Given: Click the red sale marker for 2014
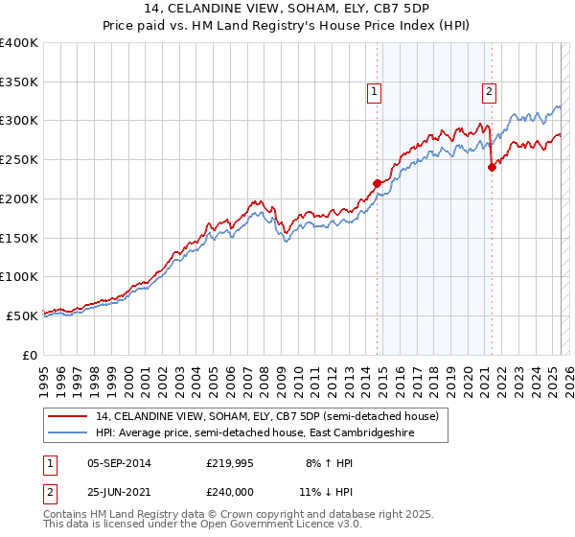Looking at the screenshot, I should click(x=377, y=182).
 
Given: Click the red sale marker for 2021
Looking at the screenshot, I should click(x=492, y=167).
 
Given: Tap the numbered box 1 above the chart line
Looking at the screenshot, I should click(x=373, y=92).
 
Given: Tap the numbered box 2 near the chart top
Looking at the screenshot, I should click(x=489, y=92).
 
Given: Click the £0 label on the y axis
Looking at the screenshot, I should click(x=31, y=355).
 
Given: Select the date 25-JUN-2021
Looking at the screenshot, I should click(x=119, y=492).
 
